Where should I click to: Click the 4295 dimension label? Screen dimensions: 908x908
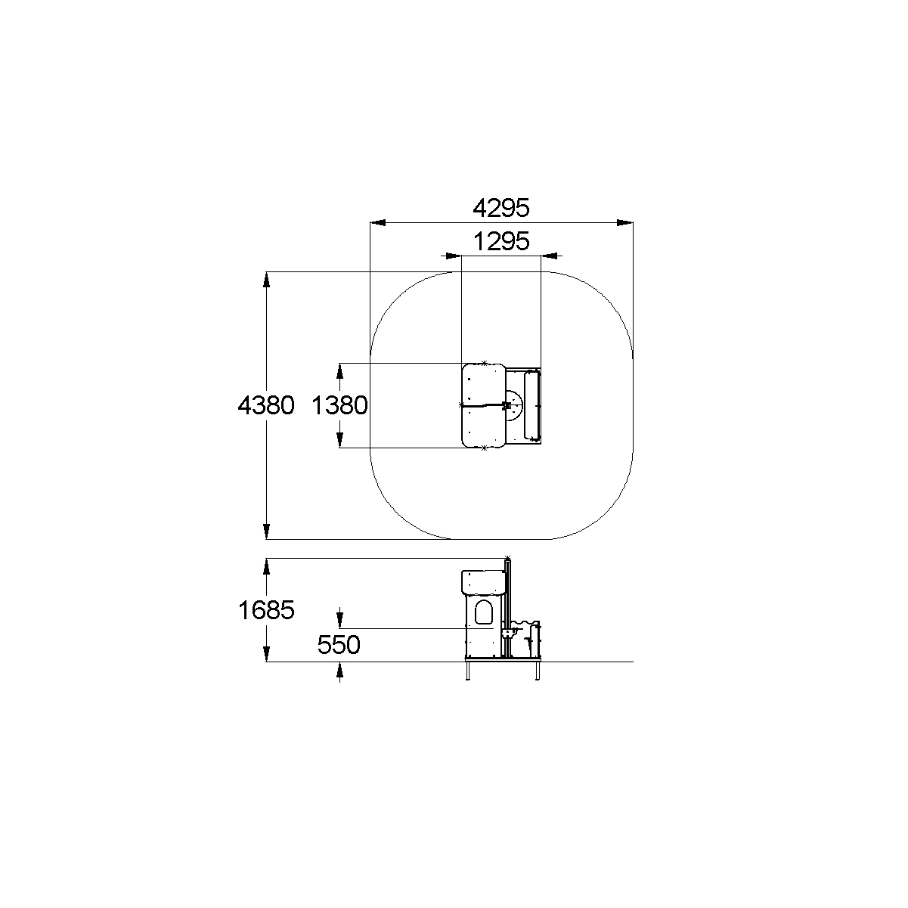tap(501, 208)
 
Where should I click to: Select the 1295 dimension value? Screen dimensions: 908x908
tap(501, 241)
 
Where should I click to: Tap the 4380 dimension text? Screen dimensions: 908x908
tap(266, 405)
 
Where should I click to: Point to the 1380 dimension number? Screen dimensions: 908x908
tap(339, 405)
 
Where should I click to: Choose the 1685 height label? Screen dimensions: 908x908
tap(266, 610)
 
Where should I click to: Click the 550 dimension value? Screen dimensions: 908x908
tap(339, 645)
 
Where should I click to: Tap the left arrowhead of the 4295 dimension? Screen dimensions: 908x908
tap(378, 222)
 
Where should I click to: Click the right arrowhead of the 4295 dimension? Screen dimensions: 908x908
tap(625, 222)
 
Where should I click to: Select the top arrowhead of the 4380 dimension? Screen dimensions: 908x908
tap(267, 280)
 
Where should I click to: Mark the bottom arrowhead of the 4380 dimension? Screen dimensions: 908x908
tap(267, 531)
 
